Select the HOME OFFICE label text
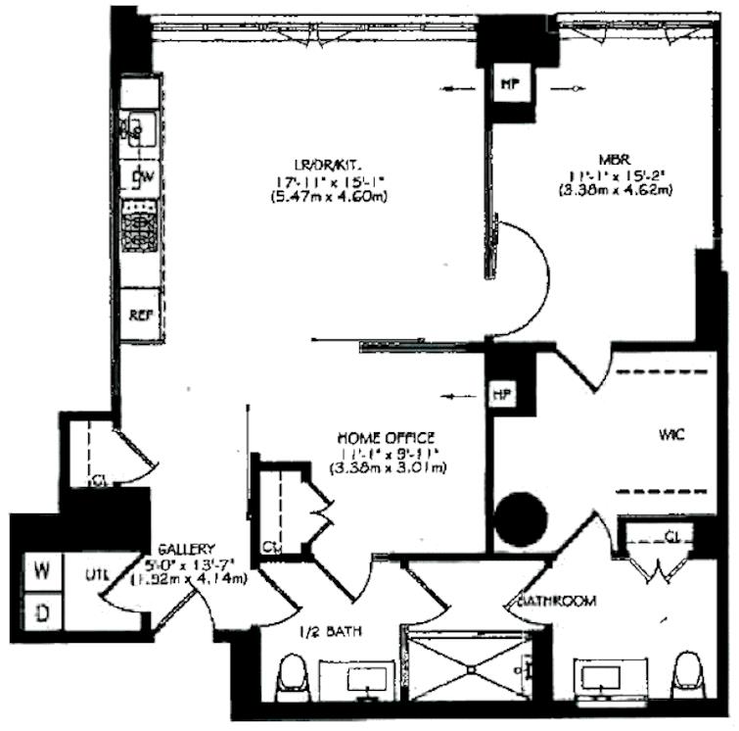pos(386,437)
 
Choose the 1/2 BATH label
pos(330,633)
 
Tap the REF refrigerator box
pos(139,317)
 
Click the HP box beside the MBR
pos(509,85)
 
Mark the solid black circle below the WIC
pos(519,520)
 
